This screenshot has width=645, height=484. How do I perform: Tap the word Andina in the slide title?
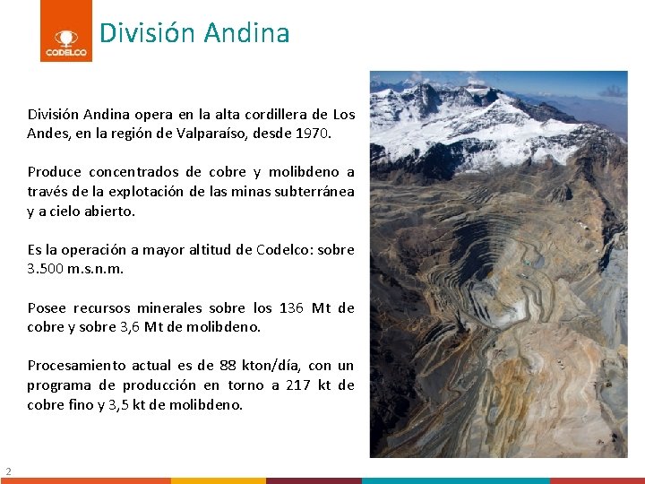point(246,33)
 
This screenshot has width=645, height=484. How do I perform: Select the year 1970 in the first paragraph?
point(313,134)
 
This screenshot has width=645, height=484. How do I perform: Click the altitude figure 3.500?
point(45,268)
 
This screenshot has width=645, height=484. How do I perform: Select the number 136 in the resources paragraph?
point(290,307)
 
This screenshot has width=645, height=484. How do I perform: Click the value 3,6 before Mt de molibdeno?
point(129,326)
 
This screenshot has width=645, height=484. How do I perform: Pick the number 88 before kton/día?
point(228,365)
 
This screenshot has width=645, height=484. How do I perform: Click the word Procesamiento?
point(76,365)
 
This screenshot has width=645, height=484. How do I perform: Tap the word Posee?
point(47,307)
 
